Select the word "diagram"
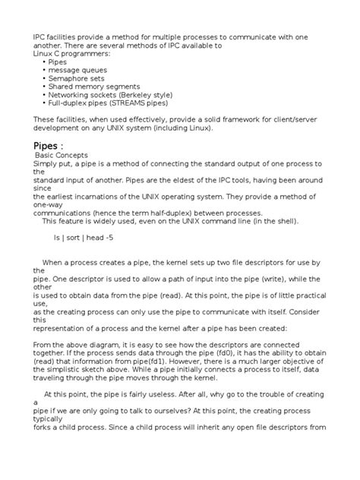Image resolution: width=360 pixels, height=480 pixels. pos(105,345)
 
